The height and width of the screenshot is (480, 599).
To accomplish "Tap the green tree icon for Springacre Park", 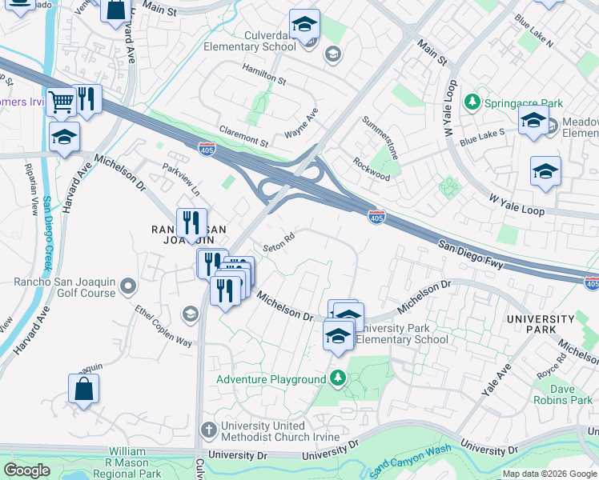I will pos(472,102).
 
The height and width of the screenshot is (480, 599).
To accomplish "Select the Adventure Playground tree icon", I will pos(339,378).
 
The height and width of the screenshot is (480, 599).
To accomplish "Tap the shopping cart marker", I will pos(61,102).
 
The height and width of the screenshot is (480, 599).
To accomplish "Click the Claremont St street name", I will pos(243,135).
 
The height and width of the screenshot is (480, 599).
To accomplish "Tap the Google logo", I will pos(26,470).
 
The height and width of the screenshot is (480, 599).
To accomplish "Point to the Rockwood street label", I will pos(372,168).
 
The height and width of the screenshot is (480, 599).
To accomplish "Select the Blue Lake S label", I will pos(482,137).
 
